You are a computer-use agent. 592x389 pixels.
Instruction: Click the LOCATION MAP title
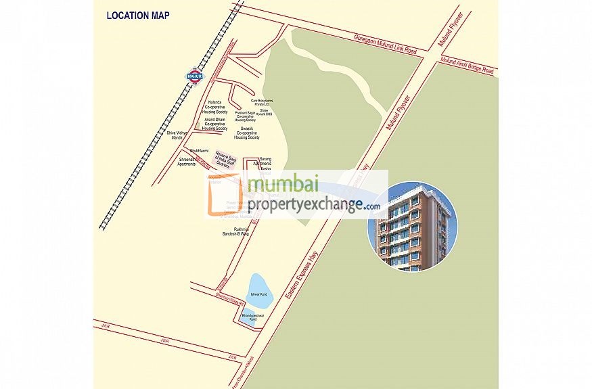[138, 15]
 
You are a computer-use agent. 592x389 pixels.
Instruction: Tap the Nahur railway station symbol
[194, 76]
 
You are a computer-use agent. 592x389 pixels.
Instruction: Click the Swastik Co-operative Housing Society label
[247, 133]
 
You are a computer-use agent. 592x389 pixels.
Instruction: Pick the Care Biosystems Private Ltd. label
[260, 102]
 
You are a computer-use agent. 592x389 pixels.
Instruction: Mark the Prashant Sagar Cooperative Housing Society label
[246, 116]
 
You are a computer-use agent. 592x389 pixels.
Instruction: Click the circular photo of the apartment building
[412, 226]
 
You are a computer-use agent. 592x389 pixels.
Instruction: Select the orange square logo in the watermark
[226, 196]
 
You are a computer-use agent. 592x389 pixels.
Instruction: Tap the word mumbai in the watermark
[283, 185]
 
